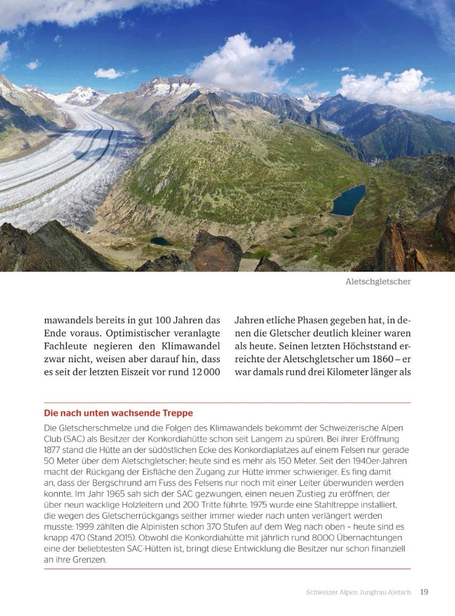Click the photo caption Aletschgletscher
pos(377,282)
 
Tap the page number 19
pos(424,592)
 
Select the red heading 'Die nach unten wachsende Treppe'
pos(118,413)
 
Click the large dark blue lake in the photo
pos(348,200)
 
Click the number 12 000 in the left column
pos(206,372)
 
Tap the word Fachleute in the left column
pos(67,346)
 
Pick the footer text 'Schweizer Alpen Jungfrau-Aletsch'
pos(358,592)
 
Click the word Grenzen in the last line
pos(87,561)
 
